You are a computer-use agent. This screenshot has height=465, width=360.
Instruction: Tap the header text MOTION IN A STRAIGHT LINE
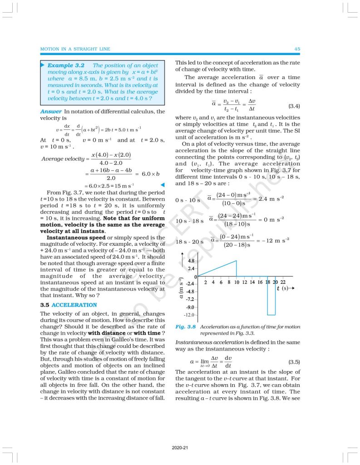[75, 49]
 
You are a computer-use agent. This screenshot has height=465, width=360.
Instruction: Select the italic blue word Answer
[51, 111]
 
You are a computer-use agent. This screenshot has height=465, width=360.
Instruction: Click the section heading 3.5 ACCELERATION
[69, 305]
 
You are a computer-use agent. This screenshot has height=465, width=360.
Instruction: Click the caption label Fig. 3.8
[186, 326]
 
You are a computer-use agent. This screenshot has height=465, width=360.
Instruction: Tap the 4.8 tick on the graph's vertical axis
[191, 261]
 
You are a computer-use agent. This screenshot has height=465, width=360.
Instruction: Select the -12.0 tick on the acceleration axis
[189, 315]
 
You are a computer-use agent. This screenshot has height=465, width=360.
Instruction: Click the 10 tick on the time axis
[237, 282]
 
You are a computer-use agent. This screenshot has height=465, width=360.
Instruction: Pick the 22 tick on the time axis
[283, 282]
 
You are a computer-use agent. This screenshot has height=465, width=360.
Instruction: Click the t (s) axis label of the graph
[283, 288]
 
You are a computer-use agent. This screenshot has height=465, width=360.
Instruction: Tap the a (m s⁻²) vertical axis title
[181, 291]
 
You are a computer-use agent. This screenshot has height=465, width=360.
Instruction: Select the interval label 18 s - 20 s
[188, 241]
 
